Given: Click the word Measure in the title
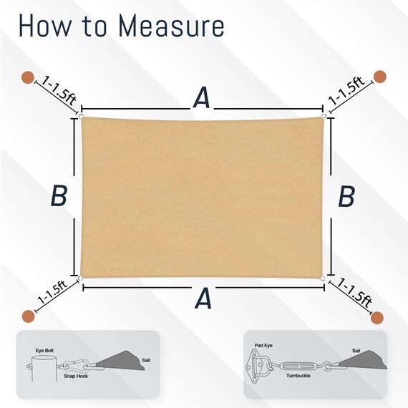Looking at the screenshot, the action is coord(171,26).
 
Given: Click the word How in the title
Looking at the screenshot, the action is coord(44,26).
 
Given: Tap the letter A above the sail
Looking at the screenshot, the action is coord(202,97).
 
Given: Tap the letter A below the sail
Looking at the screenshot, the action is coord(203,298).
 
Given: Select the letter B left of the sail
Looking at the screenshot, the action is coord(59,195).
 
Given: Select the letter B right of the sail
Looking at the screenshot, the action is coord(346,196).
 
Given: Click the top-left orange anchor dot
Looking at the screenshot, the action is coord(28,77).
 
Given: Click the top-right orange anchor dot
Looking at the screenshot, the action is coord(379,77).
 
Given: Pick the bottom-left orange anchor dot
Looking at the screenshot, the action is coord(29,316).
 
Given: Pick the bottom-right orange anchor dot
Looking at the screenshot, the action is coord(377,318).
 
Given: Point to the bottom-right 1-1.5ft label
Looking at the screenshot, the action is coord(354,293).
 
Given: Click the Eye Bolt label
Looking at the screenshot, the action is coord(44,351).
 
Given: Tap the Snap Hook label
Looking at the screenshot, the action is coord(76,376).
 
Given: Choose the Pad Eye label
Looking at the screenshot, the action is coord(263,346).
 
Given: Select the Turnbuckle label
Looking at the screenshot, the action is coord(298,376).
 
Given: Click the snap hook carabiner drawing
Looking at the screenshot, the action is coord(75,364).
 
